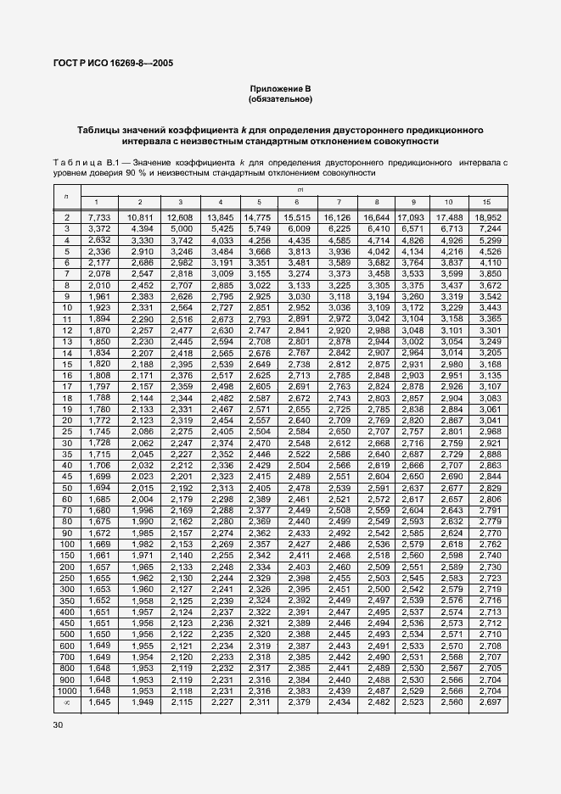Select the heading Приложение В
[280, 89]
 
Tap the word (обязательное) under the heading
[280, 99]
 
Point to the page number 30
[58, 725]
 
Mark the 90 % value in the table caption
[125, 172]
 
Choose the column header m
[296, 191]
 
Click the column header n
[66, 196]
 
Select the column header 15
[485, 202]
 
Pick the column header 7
[339, 202]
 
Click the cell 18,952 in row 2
[485, 218]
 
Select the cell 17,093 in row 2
[412, 218]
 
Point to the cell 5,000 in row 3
[180, 228]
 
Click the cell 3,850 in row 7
[485, 275]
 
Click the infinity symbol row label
[66, 702]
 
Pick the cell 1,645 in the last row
[100, 702]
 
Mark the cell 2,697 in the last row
[485, 702]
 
